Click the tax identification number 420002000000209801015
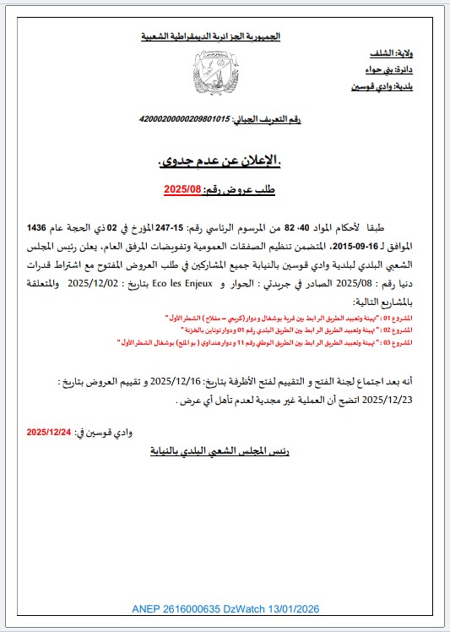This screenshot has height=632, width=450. coord(186,119)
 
